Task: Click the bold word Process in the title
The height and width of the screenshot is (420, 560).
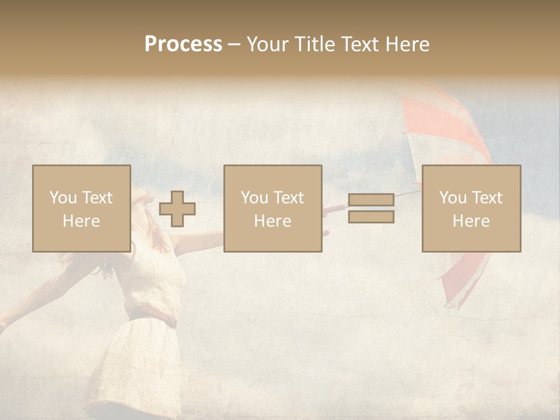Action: (x=183, y=44)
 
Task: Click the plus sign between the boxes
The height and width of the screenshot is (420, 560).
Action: (x=177, y=209)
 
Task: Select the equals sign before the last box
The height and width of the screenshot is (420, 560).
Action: (x=371, y=208)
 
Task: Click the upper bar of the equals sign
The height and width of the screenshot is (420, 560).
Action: (x=371, y=200)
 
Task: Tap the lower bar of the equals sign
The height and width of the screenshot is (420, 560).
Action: (x=371, y=216)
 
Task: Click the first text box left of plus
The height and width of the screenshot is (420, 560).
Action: (x=82, y=209)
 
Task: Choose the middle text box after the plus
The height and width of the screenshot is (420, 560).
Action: (x=273, y=209)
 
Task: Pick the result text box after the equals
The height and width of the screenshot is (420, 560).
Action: (x=471, y=209)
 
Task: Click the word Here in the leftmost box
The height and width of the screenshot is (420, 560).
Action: (x=82, y=221)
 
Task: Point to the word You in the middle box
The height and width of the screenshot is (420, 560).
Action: (x=254, y=198)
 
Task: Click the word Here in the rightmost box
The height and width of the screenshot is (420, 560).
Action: (x=471, y=221)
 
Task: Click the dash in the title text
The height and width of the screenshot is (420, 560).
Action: (x=235, y=44)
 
